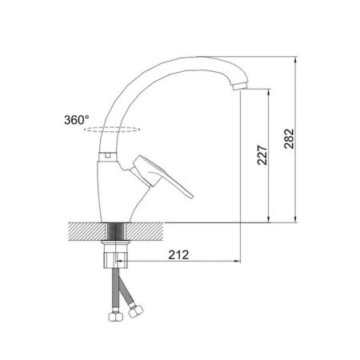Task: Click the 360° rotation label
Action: pyautogui.click(x=77, y=120)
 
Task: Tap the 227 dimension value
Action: pyautogui.click(x=262, y=155)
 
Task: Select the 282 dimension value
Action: pyautogui.click(x=289, y=138)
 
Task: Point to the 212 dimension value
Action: pyautogui.click(x=178, y=255)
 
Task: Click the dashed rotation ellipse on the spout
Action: pyautogui.click(x=112, y=130)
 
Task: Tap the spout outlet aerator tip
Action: pyautogui.click(x=240, y=86)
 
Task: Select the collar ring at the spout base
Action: pyautogui.click(x=108, y=157)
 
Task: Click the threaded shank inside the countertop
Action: pyautogui.click(x=116, y=231)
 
